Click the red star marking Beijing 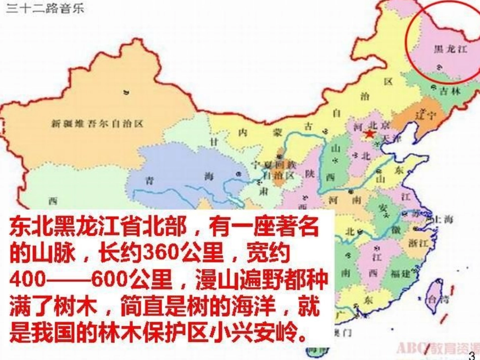369,134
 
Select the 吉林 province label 450,91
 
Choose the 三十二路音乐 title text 45,9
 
